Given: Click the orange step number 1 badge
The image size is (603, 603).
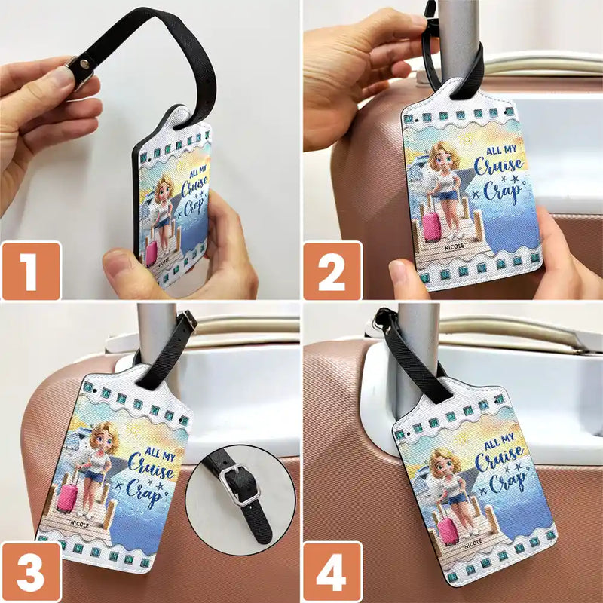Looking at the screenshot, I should click(x=30, y=271).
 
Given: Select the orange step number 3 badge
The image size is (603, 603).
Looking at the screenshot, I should click(x=30, y=573).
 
